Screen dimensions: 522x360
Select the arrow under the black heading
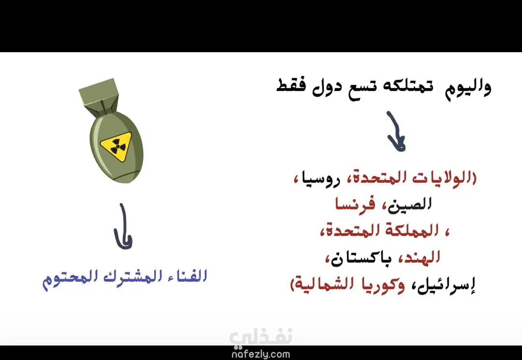pos(396,132)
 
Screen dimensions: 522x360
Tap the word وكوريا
pos(383,285)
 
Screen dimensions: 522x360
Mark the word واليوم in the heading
pos(468,87)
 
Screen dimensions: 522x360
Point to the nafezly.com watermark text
pos(261,354)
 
